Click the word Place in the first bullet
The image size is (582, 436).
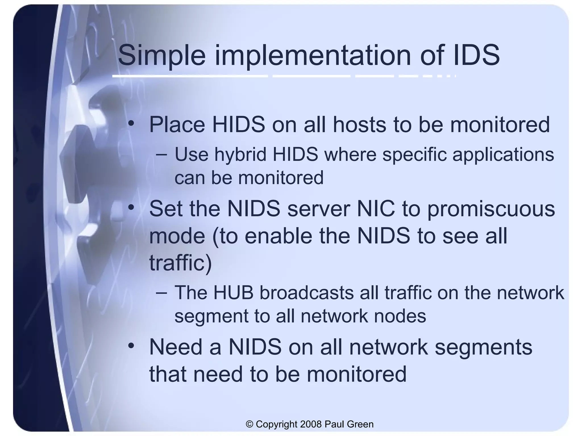coord(177,125)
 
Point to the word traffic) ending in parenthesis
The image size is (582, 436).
coord(180,263)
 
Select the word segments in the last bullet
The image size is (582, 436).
coord(483,347)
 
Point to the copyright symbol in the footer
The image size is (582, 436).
coord(250,424)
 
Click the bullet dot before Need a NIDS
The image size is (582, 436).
coord(131,346)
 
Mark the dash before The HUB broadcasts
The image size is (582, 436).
coord(162,293)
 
